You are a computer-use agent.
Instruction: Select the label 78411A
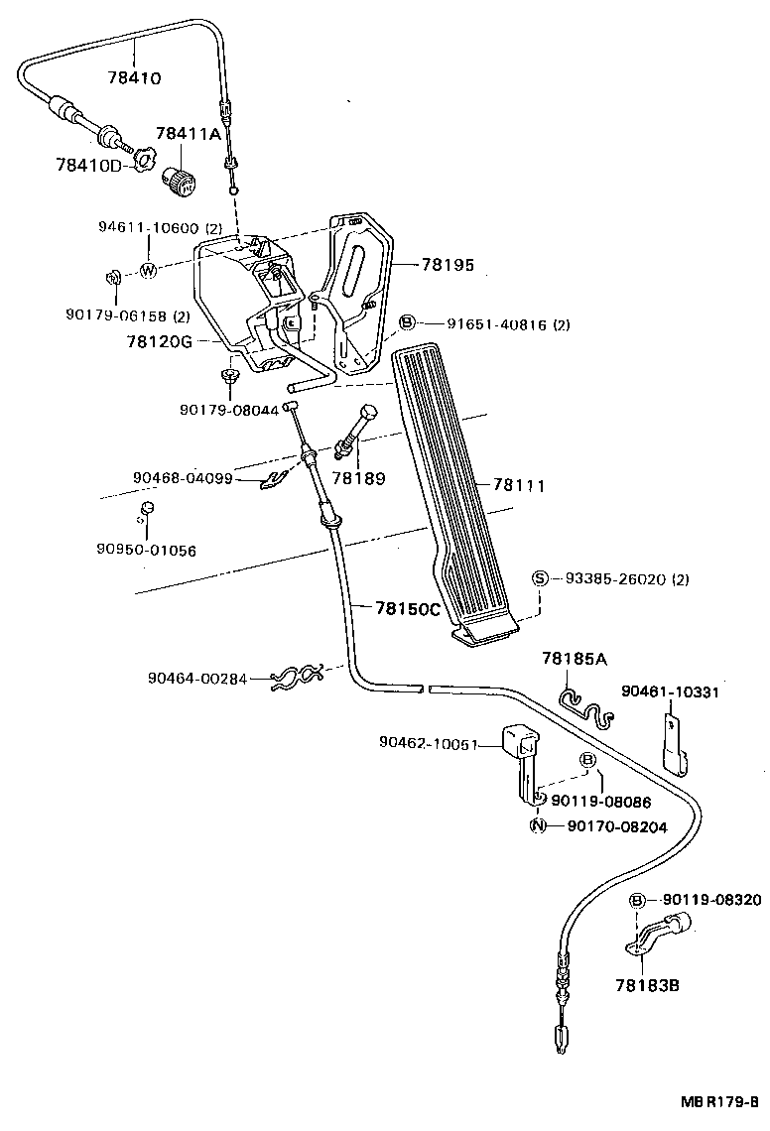coord(189,134)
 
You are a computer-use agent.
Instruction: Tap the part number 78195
coord(448,266)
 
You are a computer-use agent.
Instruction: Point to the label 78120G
coord(159,341)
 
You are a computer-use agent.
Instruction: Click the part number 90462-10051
coord(429,743)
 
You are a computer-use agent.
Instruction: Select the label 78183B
coord(647,985)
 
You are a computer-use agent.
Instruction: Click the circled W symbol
coord(148,270)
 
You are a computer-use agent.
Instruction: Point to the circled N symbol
coord(537,826)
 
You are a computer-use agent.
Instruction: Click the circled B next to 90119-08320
coord(639,900)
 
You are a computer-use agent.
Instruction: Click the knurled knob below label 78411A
coord(182,182)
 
